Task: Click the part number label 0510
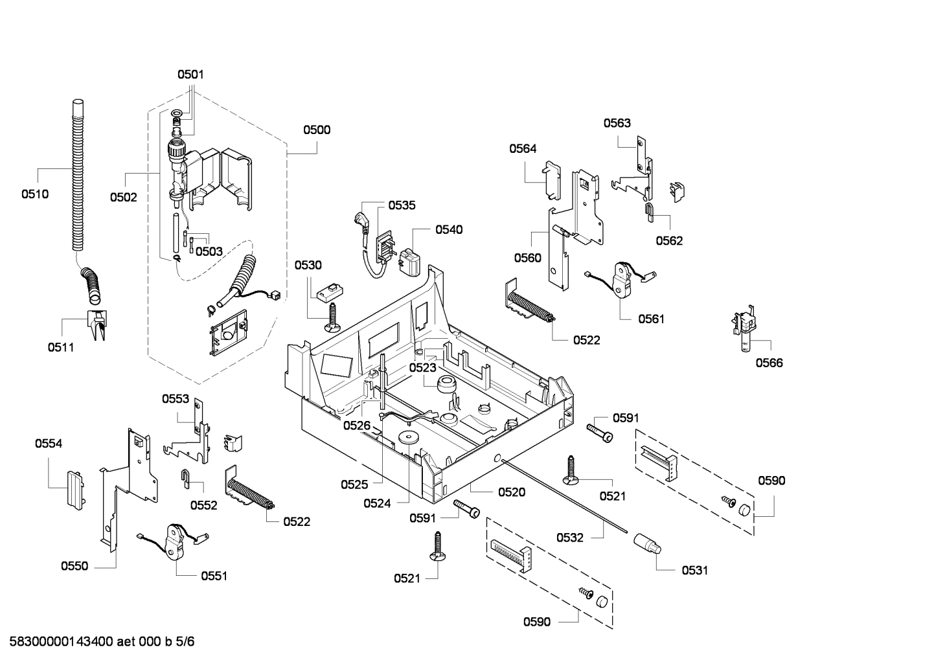(x=34, y=194)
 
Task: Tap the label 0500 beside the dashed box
(x=317, y=130)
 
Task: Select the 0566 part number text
(x=769, y=363)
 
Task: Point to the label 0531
(x=694, y=570)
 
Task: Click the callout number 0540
(x=449, y=229)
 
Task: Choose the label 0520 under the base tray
(x=511, y=492)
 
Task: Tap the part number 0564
(x=522, y=148)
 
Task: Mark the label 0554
(x=49, y=444)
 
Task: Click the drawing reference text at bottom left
(x=97, y=642)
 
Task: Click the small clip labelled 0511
(x=97, y=324)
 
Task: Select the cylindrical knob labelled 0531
(x=648, y=543)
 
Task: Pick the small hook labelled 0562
(x=648, y=211)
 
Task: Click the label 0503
(x=209, y=251)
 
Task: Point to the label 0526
(x=357, y=425)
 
